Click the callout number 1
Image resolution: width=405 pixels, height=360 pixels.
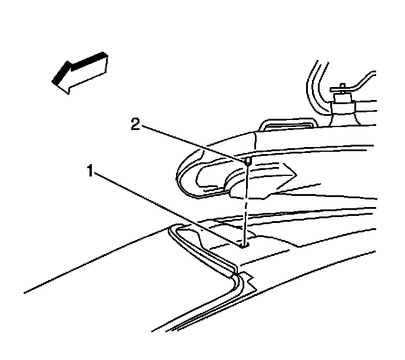point(91,172)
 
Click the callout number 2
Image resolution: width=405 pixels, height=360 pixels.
point(135,125)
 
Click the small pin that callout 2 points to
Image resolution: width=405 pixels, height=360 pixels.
point(248,159)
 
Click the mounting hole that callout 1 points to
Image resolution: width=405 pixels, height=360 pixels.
point(244,246)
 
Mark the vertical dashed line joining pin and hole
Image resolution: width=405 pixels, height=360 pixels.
point(246,203)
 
